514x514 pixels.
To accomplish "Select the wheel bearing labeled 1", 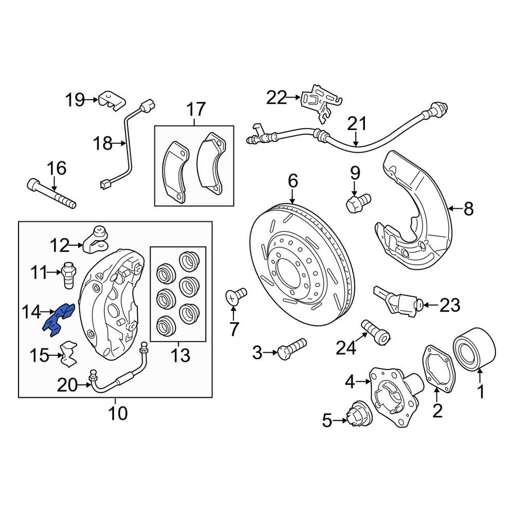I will pos(473,351).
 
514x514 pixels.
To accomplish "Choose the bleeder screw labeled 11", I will pos(68,273).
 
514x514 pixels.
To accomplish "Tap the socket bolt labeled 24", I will pos(376,332).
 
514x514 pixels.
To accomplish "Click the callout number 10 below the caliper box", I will pos(118,412).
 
